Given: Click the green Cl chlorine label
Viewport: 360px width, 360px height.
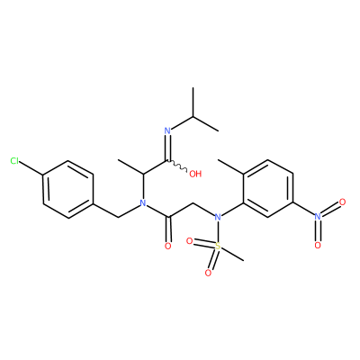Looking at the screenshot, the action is (14, 161).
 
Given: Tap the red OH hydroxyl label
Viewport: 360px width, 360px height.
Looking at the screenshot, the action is (195, 174).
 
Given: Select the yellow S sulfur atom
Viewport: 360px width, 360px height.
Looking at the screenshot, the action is (218, 247).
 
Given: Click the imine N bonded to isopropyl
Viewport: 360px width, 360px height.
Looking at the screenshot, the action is (167, 130).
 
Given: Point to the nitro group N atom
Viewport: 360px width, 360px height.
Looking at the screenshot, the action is (318, 217).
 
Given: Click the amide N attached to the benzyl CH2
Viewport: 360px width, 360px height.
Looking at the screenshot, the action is (143, 203).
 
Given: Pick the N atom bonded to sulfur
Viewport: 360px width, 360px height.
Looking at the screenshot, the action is (218, 217).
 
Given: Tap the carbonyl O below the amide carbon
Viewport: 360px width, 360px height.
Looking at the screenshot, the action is (168, 247).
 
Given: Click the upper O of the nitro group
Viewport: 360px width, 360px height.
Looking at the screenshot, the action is (342, 202).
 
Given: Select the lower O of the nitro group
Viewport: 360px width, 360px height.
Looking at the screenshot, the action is (318, 246).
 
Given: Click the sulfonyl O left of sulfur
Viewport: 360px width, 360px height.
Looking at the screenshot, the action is (190, 240).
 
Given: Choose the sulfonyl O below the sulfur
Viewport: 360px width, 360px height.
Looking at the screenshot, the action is (208, 273).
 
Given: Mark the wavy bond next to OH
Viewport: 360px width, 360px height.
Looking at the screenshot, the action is (177, 166).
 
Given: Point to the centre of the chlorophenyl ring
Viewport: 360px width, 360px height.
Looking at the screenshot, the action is (68, 189).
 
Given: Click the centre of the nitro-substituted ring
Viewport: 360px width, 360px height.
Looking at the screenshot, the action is (268, 188).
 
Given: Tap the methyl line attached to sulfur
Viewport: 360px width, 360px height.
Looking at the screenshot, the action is (232, 254).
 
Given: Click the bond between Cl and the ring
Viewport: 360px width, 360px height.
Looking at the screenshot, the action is (31, 169).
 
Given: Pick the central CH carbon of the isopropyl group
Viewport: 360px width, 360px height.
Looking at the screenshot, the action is (193, 116).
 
